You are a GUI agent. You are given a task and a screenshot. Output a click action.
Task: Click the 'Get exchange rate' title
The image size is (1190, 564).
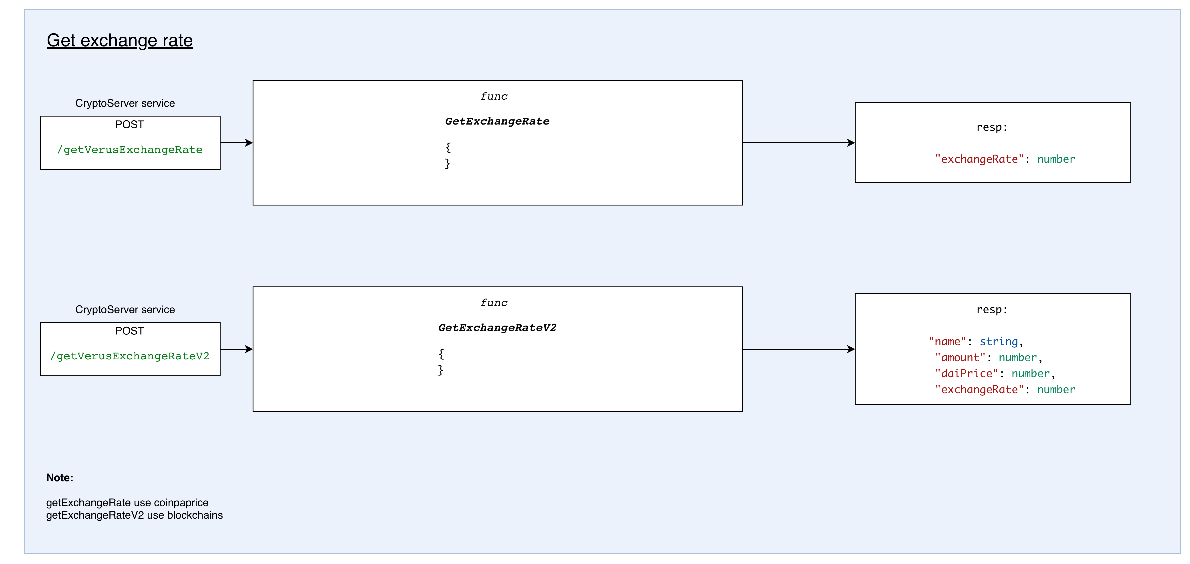tap(120, 41)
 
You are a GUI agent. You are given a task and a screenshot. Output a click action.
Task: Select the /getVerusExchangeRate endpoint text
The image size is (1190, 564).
tap(130, 150)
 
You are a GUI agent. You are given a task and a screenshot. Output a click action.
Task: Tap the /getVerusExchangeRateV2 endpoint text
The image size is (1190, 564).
tap(130, 356)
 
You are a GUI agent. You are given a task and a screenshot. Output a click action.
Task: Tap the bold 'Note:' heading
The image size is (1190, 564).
tap(60, 478)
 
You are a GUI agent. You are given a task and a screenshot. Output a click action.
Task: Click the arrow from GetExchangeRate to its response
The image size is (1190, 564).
tap(798, 143)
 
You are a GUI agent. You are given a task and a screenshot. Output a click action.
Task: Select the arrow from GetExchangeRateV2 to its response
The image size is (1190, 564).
tap(798, 349)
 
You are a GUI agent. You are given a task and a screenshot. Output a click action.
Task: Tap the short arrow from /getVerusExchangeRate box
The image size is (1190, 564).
tap(236, 143)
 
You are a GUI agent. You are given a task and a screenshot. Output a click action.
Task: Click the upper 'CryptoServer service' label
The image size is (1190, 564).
tap(125, 103)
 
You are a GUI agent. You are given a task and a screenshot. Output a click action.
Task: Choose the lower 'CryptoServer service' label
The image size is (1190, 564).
tap(125, 310)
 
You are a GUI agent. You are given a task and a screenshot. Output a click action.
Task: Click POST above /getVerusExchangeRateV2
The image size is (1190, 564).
tap(130, 331)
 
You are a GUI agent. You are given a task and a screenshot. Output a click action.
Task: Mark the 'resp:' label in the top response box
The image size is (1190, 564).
tap(992, 127)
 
